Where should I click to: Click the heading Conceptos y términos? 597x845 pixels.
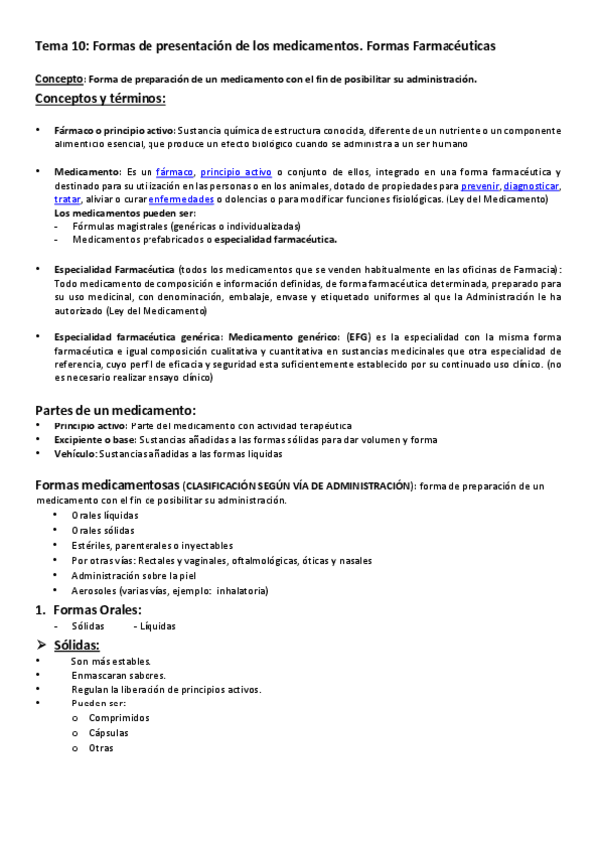tap(100, 98)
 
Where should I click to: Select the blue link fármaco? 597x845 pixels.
tap(174, 172)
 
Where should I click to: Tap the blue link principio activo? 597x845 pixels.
tap(236, 172)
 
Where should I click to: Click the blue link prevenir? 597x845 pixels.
tap(479, 186)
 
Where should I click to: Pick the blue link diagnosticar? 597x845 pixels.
tap(532, 186)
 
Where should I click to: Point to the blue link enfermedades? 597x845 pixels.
tap(181, 199)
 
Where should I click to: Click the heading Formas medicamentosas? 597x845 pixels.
tap(106, 485)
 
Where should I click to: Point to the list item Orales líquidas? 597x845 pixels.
tap(104, 515)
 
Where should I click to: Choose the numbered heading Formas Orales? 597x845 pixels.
tap(96, 609)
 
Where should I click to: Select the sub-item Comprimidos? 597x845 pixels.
tap(118, 717)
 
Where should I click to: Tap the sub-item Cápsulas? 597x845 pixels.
tap(108, 732)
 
